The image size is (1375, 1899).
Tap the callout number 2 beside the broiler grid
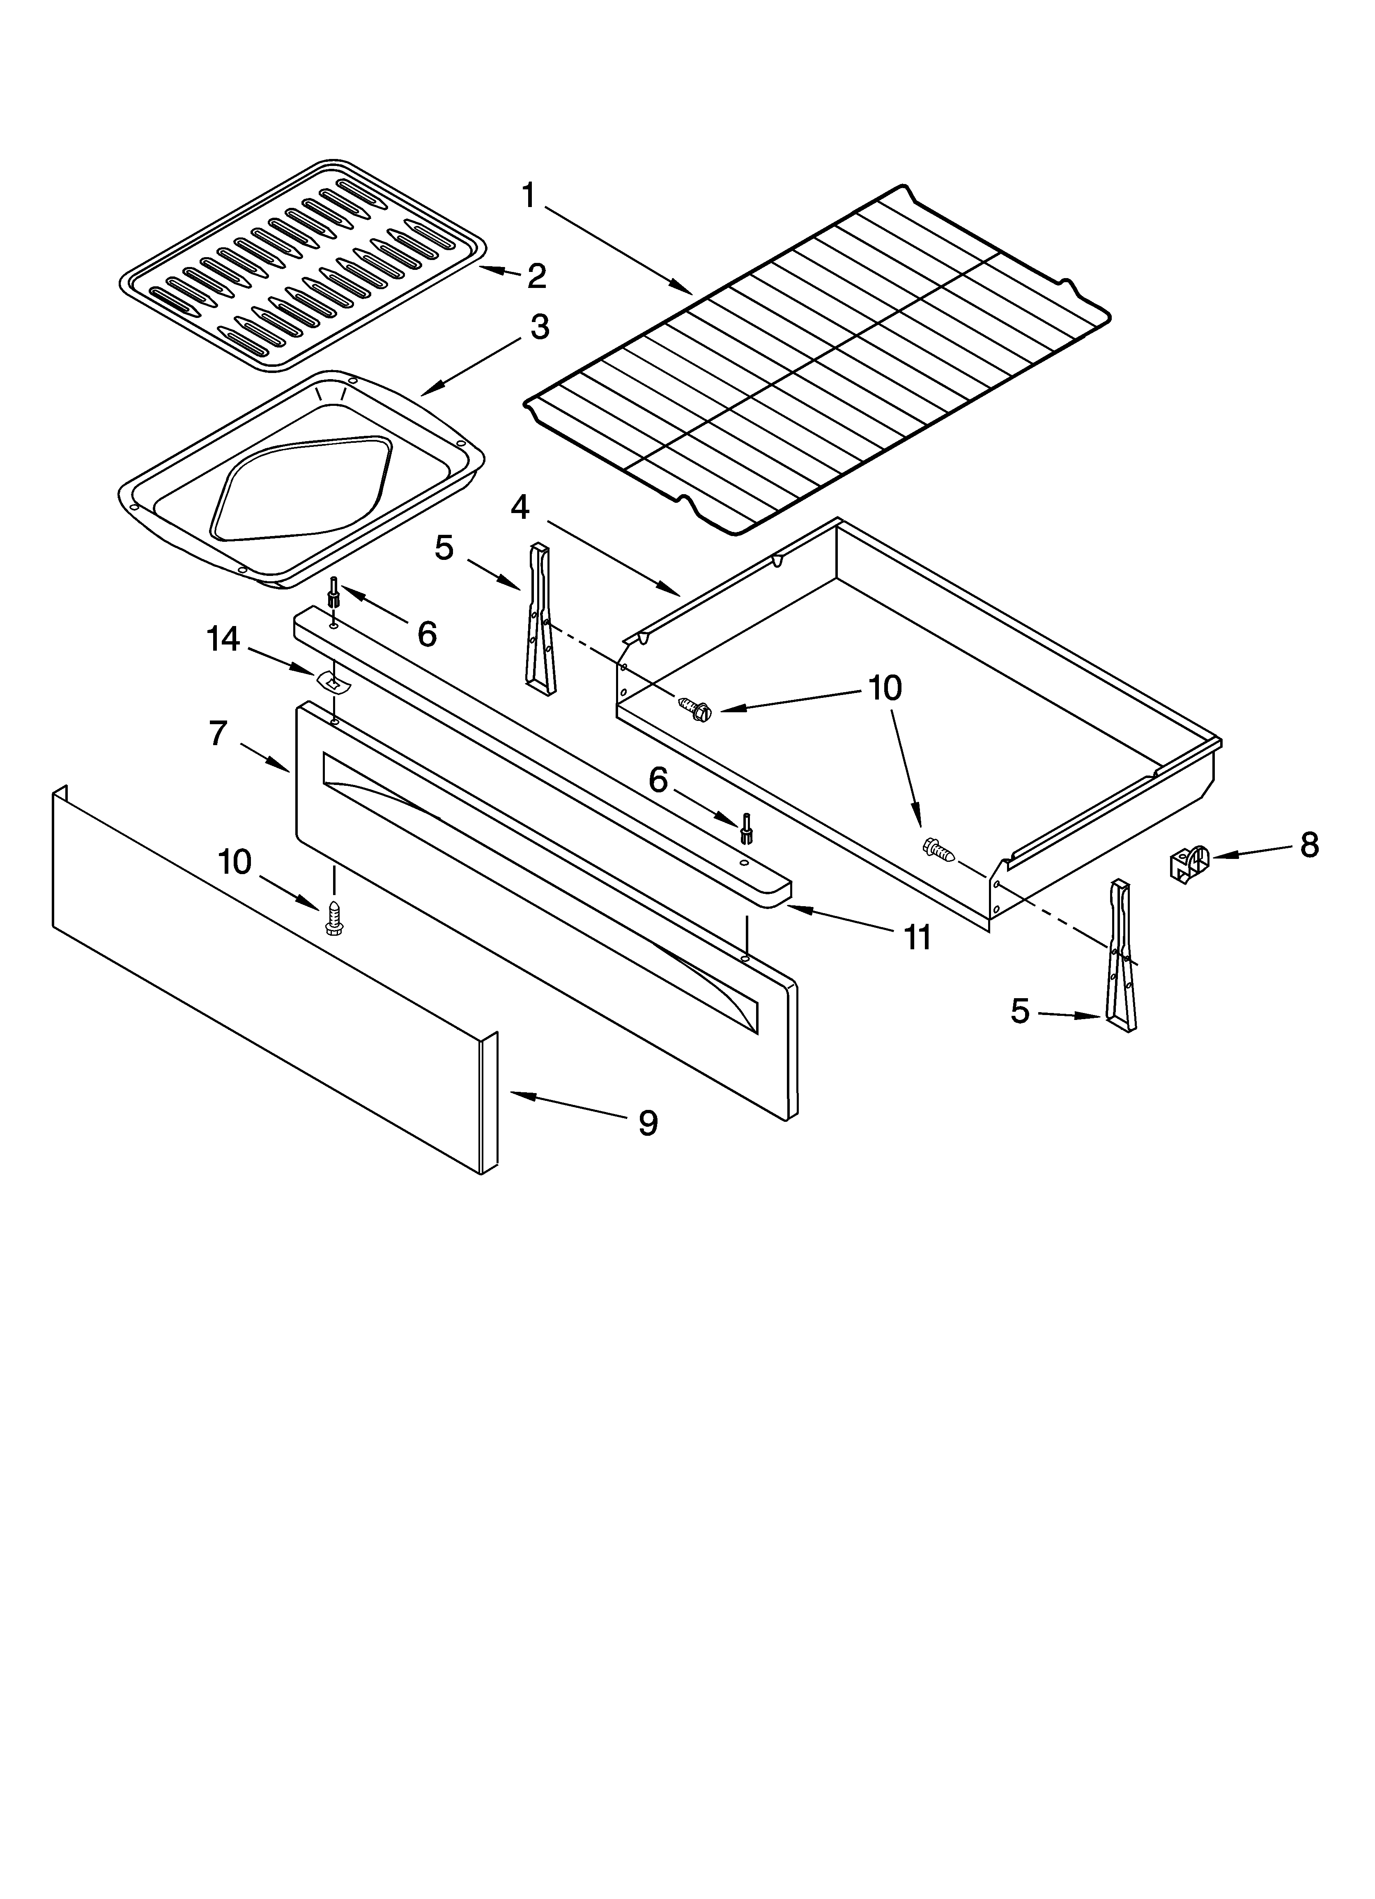coord(536,276)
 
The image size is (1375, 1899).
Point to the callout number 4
coord(520,506)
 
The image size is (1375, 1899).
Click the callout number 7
coord(218,734)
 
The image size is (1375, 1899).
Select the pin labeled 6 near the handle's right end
coord(744,828)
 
